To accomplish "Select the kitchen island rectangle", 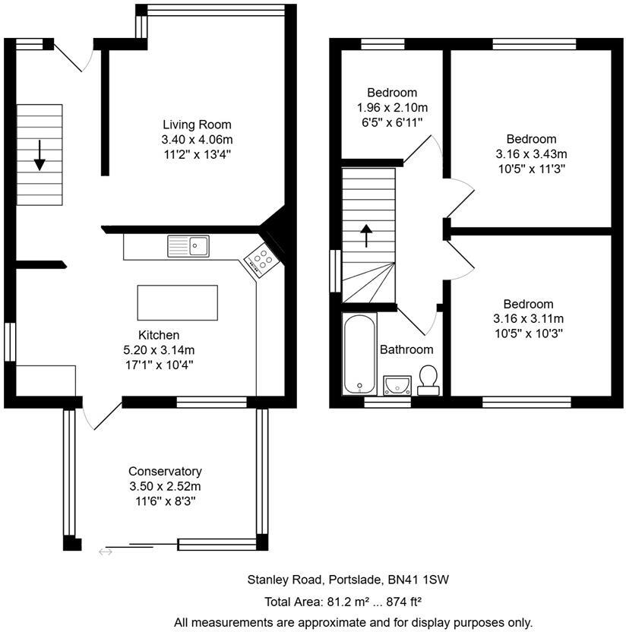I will tap(177, 302).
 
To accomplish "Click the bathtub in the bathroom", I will tap(359, 353).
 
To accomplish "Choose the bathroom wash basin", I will tap(397, 385).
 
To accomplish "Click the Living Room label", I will tap(197, 125).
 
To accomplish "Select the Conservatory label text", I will tap(165, 471).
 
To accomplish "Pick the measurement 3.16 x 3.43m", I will tap(531, 154).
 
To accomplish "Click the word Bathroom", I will tap(406, 349).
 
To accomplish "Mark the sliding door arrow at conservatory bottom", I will tap(106, 551).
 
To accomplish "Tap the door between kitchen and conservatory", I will tap(102, 415).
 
